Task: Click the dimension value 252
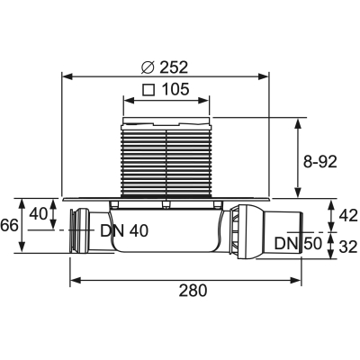(x=174, y=67)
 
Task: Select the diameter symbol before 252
(x=148, y=67)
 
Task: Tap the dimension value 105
(x=175, y=89)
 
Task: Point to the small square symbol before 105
(x=148, y=90)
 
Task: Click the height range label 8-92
(x=319, y=162)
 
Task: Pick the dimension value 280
(x=193, y=291)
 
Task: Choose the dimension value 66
(x=9, y=225)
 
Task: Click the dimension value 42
(x=349, y=216)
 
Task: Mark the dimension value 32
(x=349, y=247)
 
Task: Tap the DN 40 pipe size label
(x=124, y=231)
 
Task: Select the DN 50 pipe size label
(x=298, y=244)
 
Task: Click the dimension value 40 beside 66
(x=39, y=214)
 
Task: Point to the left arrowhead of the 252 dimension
(x=67, y=76)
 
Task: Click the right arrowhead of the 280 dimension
(x=295, y=281)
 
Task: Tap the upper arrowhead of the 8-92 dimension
(x=298, y=123)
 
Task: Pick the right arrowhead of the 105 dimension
(x=203, y=101)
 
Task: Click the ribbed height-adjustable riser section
(x=166, y=161)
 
